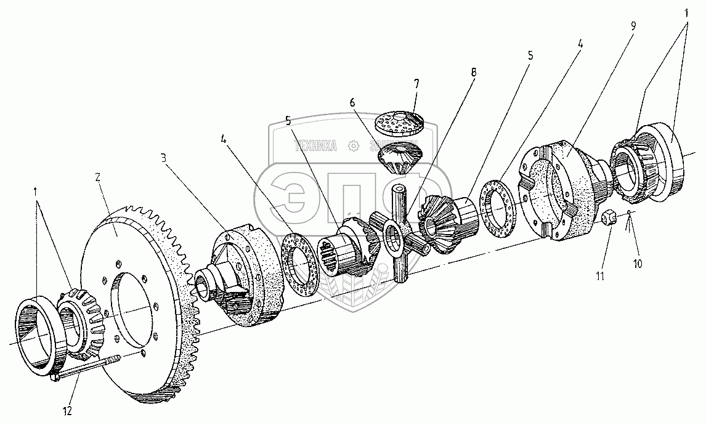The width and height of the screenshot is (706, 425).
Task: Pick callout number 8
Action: tap(473, 72)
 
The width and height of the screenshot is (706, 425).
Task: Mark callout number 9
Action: tap(633, 26)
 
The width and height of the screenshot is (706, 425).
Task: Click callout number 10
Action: tap(636, 263)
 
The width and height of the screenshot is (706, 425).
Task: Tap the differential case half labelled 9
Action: tap(561, 192)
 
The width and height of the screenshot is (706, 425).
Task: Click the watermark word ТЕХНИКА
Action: tap(317, 146)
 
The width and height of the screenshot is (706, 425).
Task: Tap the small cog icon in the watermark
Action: tap(353, 146)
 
